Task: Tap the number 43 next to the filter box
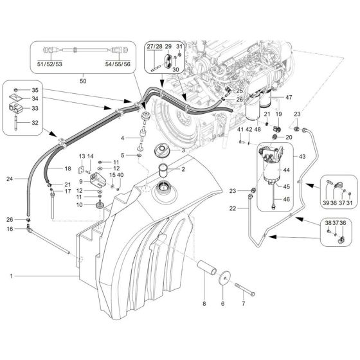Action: click(303, 156)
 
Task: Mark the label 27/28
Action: click(154, 46)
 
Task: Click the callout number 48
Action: click(257, 130)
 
